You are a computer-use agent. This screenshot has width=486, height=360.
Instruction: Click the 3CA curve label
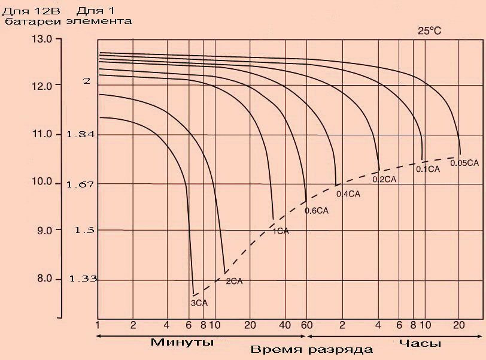(199, 303)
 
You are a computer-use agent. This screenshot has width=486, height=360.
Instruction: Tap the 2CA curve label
(234, 280)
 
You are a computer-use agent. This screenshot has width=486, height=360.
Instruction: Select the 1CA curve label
(281, 231)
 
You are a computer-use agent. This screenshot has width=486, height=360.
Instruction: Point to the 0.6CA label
(317, 210)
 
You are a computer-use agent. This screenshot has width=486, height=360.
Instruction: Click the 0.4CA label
(348, 193)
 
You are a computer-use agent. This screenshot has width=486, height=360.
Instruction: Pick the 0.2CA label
(385, 179)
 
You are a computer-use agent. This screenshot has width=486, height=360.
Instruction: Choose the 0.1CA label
(428, 170)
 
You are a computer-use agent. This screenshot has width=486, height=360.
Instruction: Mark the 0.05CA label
(464, 162)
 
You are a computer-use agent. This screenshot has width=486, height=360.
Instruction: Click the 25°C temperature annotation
(430, 31)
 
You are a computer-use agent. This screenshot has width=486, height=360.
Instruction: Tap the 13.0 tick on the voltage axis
(42, 39)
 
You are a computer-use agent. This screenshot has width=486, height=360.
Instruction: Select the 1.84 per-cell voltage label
(81, 134)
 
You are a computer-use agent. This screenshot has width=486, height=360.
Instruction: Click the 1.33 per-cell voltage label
(83, 279)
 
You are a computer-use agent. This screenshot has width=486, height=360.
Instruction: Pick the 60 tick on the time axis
(306, 324)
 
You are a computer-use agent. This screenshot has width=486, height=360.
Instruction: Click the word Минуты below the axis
(182, 343)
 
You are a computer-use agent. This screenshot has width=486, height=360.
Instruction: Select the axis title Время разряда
(311, 349)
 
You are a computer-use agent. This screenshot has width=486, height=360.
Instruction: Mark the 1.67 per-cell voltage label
(81, 184)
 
